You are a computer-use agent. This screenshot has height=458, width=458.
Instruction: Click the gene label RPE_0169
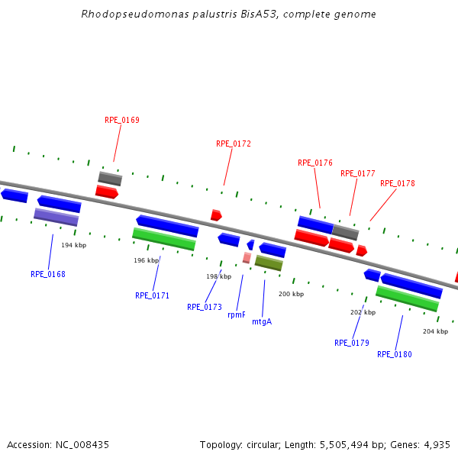pyautogui.click(x=122, y=120)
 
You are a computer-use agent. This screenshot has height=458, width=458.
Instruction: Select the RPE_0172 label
pyautogui.click(x=234, y=144)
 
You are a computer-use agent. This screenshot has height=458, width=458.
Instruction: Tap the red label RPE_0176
pyautogui.click(x=315, y=163)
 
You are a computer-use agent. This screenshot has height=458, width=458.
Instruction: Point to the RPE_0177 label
pyautogui.click(x=358, y=173)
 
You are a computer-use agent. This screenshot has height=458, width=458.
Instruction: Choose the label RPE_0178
pyautogui.click(x=398, y=183)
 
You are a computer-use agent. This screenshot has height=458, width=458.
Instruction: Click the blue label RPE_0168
pyautogui.click(x=48, y=274)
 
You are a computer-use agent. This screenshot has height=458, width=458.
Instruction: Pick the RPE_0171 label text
pyautogui.click(x=153, y=295)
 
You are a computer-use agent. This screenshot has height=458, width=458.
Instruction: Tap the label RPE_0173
pyautogui.click(x=205, y=307)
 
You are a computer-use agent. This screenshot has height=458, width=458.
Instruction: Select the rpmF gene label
pyautogui.click(x=237, y=314)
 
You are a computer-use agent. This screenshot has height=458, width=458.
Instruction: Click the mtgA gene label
pyautogui.click(x=262, y=321)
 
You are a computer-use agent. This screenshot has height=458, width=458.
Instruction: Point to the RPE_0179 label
pyautogui.click(x=352, y=343)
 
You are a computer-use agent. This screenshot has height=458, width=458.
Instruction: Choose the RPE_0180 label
pyautogui.click(x=395, y=354)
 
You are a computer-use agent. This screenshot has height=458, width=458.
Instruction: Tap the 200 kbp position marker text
pyautogui.click(x=291, y=294)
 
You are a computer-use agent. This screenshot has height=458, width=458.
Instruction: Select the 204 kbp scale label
pyautogui.click(x=435, y=331)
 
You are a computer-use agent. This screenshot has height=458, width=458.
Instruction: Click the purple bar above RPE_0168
pyautogui.click(x=56, y=217)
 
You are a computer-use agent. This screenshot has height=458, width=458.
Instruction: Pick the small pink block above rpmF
pyautogui.click(x=247, y=258)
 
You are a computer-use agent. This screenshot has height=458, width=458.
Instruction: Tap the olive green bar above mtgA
pyautogui.click(x=269, y=263)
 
